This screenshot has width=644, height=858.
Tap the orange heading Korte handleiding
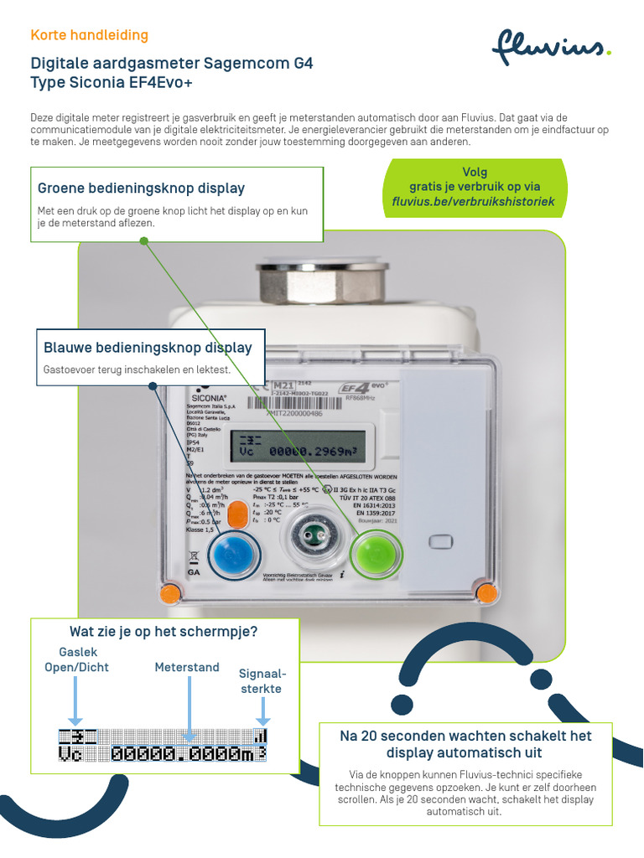pos(89,35)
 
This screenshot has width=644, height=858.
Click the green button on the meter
pos(375,553)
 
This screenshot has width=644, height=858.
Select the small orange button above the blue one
pos(238,515)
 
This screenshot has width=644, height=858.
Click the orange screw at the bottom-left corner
pos(171,593)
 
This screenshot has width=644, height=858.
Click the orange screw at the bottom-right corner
pos(486,593)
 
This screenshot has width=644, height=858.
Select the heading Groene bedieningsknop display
pos(142,188)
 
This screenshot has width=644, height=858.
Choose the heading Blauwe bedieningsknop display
pos(148,347)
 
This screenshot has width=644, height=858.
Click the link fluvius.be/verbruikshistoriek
pos(474,202)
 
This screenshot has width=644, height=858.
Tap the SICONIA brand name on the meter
pos(206,398)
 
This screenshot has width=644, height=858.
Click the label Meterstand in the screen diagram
pos(187,668)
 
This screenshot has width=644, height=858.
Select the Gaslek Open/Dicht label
pos(76,659)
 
